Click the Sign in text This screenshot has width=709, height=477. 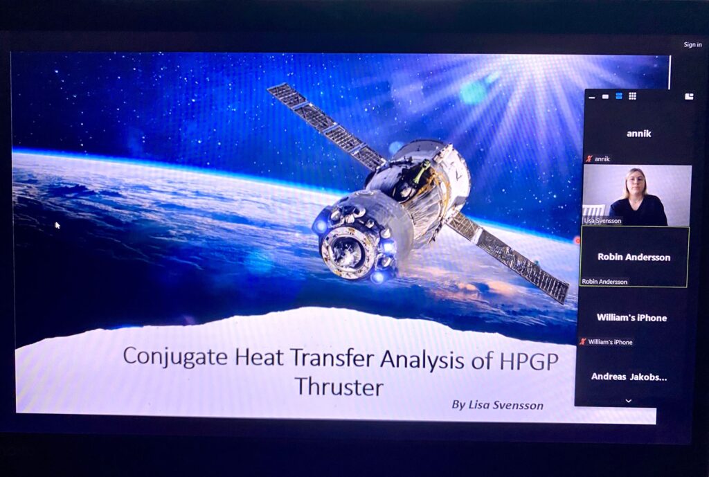pos(692,44)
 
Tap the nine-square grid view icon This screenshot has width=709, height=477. pos(632,96)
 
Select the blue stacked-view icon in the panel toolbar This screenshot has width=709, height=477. pos(619,96)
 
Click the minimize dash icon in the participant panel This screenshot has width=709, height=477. pos(592,97)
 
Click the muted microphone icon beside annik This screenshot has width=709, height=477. pos(589,159)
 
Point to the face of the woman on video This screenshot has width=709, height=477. pos(636,181)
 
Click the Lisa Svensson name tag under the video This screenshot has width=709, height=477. pos(602,221)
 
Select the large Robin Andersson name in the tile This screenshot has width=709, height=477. pos(634,257)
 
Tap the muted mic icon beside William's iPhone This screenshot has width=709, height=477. pos(583,341)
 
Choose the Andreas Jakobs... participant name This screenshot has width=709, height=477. pos(629,377)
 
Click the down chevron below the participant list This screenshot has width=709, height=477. pos(628,401)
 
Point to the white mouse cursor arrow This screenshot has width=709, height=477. pos(57,225)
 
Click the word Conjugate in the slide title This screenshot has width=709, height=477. pos(175,357)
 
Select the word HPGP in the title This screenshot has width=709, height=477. pos(529,361)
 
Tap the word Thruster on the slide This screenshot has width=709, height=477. pos(339,387)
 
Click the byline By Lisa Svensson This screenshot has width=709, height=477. pos(497,405)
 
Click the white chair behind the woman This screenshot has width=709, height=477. pos(593,211)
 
